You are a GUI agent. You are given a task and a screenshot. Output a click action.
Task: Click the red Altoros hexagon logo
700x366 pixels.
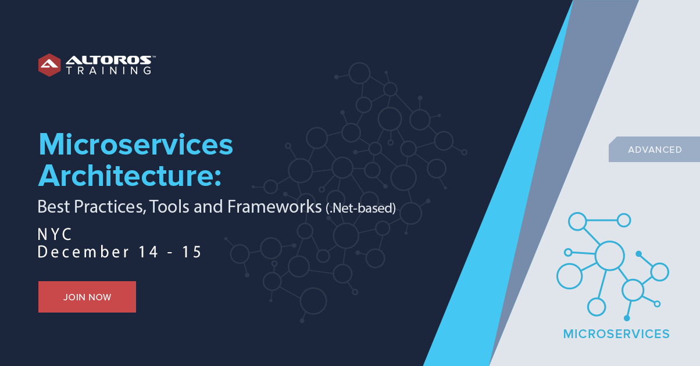[x=49, y=65]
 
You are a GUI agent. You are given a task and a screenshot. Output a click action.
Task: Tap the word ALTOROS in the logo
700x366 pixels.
[x=109, y=60]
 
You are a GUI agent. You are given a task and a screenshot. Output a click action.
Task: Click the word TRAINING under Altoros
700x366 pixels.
[x=109, y=70]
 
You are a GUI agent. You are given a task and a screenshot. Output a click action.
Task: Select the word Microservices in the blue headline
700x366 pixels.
[x=135, y=145]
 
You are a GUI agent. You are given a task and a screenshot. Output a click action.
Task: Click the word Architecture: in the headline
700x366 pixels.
[x=130, y=175]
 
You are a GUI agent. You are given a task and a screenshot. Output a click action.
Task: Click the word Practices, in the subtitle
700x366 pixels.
[x=110, y=207]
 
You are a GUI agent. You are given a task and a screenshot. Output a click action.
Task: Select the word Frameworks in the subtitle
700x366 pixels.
[x=274, y=207]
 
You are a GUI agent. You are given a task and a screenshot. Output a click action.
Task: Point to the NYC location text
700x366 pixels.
[x=55, y=234]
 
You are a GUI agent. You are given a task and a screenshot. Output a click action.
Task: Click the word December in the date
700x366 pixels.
[x=83, y=252]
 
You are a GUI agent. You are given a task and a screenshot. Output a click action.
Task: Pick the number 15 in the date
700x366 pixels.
[x=191, y=252]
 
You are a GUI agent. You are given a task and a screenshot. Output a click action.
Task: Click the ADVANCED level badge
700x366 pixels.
[x=655, y=149]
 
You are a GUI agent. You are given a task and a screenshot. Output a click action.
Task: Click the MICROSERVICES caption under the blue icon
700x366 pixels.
[x=616, y=334]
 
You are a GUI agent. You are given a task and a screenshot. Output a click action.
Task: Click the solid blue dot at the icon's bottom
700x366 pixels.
[x=627, y=318]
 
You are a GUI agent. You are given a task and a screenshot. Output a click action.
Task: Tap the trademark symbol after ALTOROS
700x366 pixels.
[x=153, y=57]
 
